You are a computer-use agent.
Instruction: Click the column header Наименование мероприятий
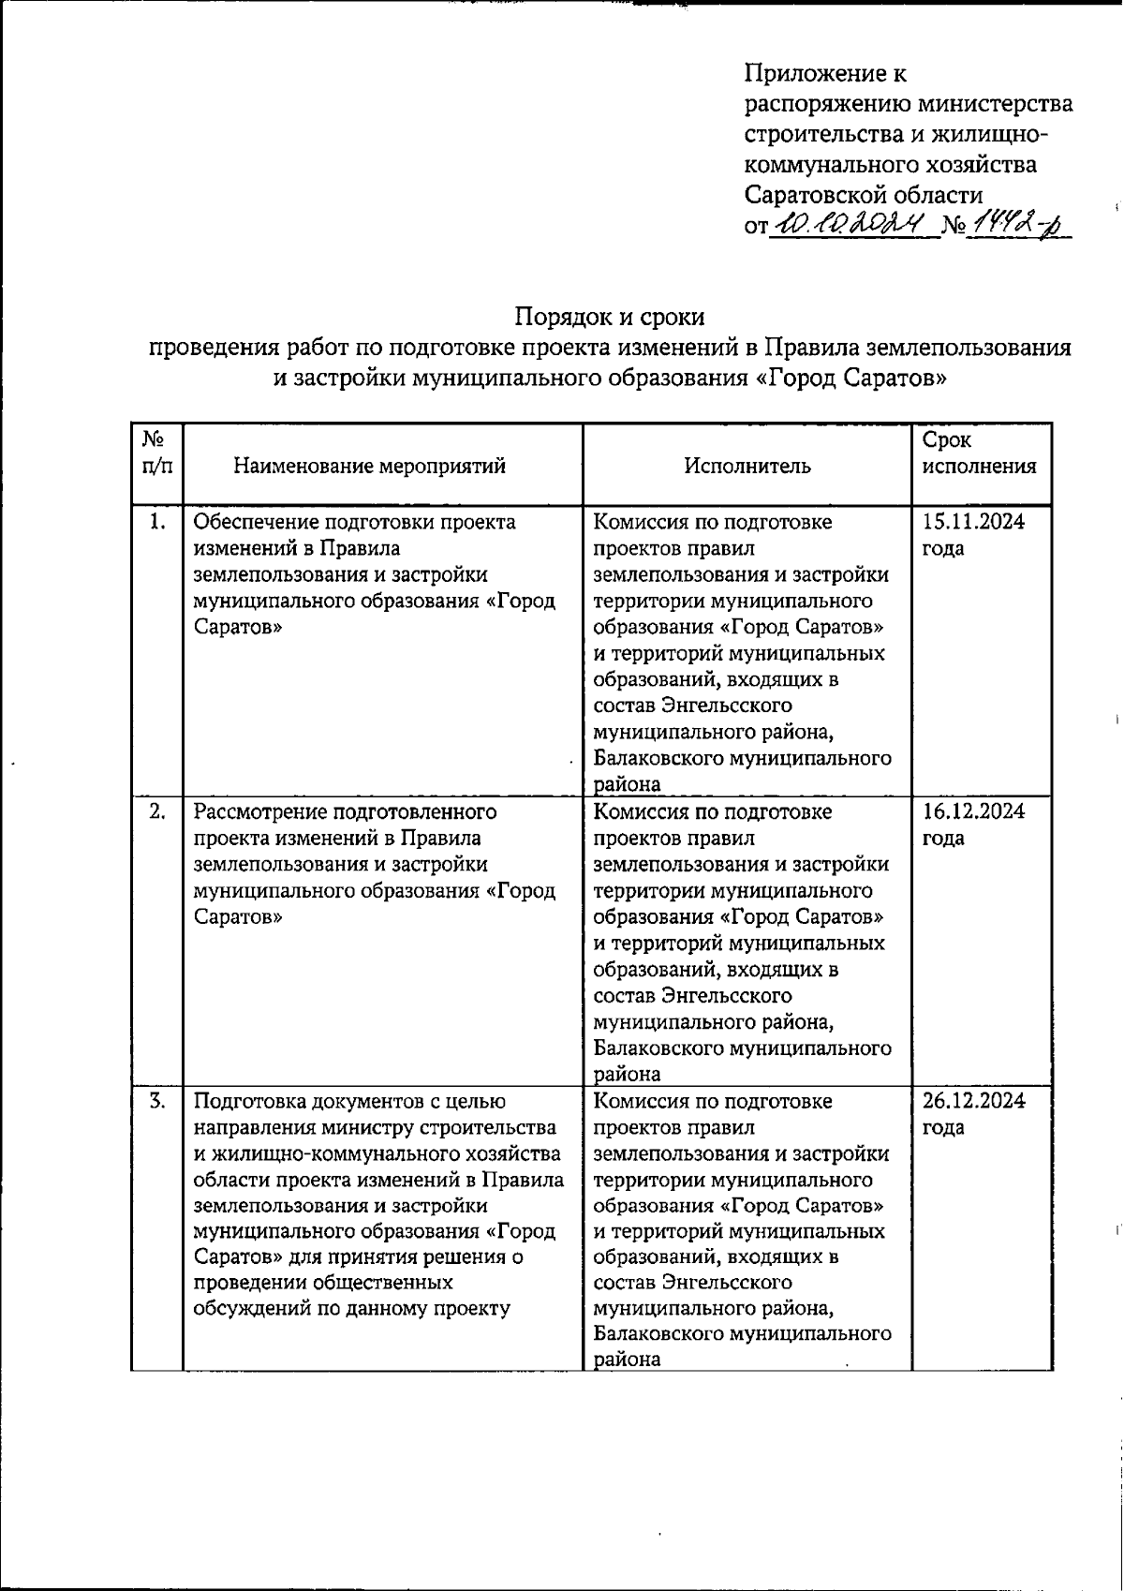tap(369, 466)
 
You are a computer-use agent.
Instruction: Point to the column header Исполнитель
tap(747, 466)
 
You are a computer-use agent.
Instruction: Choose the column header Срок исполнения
tap(979, 454)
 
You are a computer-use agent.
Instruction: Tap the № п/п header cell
tap(156, 452)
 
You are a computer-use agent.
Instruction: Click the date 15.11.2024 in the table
tap(973, 522)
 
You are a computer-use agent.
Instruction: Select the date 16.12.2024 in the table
tap(973, 811)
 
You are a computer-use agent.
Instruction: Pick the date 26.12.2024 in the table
tap(973, 1101)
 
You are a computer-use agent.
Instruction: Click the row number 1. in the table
tap(158, 522)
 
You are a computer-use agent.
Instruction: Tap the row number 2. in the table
tap(158, 811)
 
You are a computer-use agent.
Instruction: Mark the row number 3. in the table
tap(158, 1101)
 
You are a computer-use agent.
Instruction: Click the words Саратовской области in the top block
tap(864, 195)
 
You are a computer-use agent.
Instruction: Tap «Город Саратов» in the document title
tap(852, 379)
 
